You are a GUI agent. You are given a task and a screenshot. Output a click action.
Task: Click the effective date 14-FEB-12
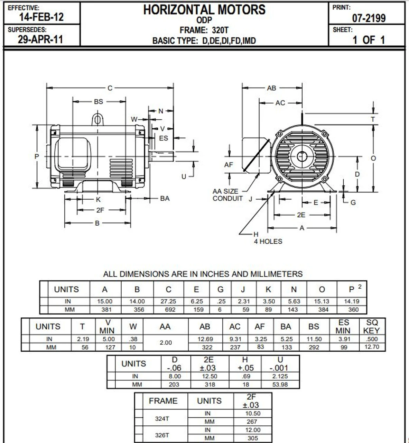pos(41,17)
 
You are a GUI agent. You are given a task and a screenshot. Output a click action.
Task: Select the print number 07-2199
pos(369,18)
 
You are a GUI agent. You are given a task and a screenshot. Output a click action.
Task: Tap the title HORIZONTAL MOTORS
pos(204,10)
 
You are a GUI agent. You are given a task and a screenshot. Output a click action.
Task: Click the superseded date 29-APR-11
pos(40,39)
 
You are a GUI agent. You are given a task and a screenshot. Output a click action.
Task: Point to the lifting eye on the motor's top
pos(97,120)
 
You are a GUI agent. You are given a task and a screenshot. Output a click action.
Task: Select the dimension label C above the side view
pos(110,88)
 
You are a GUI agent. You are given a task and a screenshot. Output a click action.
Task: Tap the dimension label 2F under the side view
pos(100,210)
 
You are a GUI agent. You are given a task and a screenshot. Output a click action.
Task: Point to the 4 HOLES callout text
pos(268,242)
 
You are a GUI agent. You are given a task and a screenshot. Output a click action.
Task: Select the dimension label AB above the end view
pos(271,88)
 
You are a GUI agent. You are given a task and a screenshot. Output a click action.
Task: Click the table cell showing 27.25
pos(168,301)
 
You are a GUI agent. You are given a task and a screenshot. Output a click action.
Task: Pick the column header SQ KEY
pos(372,326)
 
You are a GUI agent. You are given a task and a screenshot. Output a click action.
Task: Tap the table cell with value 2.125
pos(280,376)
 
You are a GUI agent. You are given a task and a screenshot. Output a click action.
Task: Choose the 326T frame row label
pos(162,435)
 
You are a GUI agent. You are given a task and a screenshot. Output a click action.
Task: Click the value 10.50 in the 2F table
pos(253,414)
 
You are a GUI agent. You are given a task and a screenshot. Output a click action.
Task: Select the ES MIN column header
pos(343,326)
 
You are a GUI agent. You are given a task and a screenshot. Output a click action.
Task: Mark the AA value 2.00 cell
pos(166,343)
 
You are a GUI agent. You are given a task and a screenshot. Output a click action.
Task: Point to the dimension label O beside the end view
pos(373,158)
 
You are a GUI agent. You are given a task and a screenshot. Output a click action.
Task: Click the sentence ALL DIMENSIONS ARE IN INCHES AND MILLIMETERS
pos(203,274)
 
